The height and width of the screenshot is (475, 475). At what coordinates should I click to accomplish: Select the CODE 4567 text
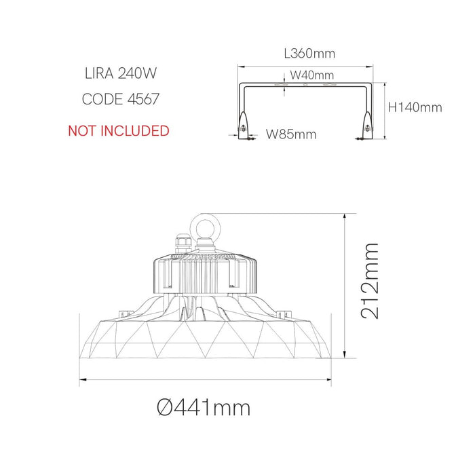click(x=121, y=99)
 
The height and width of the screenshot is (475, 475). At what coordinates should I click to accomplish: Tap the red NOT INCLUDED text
click(x=118, y=130)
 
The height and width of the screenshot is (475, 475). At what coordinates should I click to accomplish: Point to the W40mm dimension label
click(x=312, y=75)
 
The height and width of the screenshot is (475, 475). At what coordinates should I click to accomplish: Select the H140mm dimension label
click(x=415, y=107)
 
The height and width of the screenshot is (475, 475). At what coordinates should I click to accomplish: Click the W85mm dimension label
click(x=291, y=134)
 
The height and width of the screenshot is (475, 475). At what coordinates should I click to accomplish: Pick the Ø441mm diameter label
click(x=203, y=407)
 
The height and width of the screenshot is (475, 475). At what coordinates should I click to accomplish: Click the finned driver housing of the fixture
click(x=204, y=271)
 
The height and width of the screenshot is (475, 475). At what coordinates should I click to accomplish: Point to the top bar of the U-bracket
click(x=305, y=86)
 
